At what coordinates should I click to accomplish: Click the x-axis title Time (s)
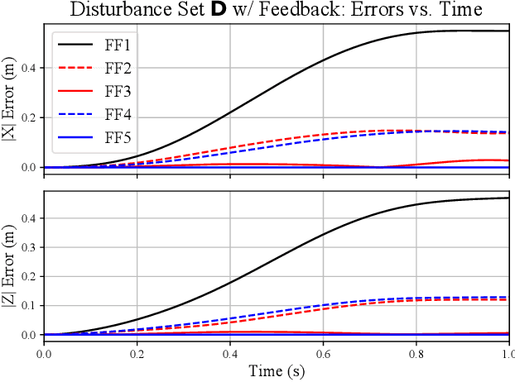click(276, 372)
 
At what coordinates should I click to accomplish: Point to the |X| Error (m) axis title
click(9, 100)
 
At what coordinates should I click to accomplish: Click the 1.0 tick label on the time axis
click(507, 353)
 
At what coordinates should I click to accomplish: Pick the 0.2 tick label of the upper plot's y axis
click(28, 117)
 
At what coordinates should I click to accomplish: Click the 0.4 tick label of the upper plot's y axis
click(28, 68)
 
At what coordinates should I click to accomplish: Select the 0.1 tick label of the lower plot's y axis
click(28, 306)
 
